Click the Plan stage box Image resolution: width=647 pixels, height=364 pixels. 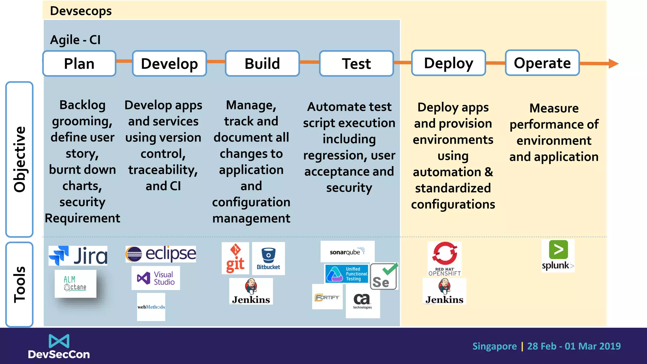[79, 64]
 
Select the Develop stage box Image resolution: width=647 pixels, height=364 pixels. [169, 64]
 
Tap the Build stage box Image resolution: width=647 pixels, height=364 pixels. [262, 64]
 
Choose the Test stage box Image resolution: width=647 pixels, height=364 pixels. [356, 64]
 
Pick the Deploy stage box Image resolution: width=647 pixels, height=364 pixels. [448, 63]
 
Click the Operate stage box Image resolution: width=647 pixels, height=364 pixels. [542, 63]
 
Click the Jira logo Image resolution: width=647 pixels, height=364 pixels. [78, 256]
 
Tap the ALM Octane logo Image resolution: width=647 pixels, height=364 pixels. [75, 283]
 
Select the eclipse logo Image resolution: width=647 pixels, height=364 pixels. [160, 254]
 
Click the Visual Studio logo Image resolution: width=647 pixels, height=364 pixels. [156, 278]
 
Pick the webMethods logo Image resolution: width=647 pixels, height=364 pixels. [151, 307]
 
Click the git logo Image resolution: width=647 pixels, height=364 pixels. [235, 258]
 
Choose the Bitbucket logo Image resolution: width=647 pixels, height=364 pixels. [268, 258]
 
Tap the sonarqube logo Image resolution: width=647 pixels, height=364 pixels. [347, 252]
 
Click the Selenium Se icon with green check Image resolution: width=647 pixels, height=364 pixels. [384, 276]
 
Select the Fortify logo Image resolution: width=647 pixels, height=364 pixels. [327, 297]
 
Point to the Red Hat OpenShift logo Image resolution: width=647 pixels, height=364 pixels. [445, 258]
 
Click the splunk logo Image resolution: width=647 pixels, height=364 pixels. [558, 256]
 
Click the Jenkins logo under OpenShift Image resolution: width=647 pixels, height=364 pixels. [444, 291]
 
